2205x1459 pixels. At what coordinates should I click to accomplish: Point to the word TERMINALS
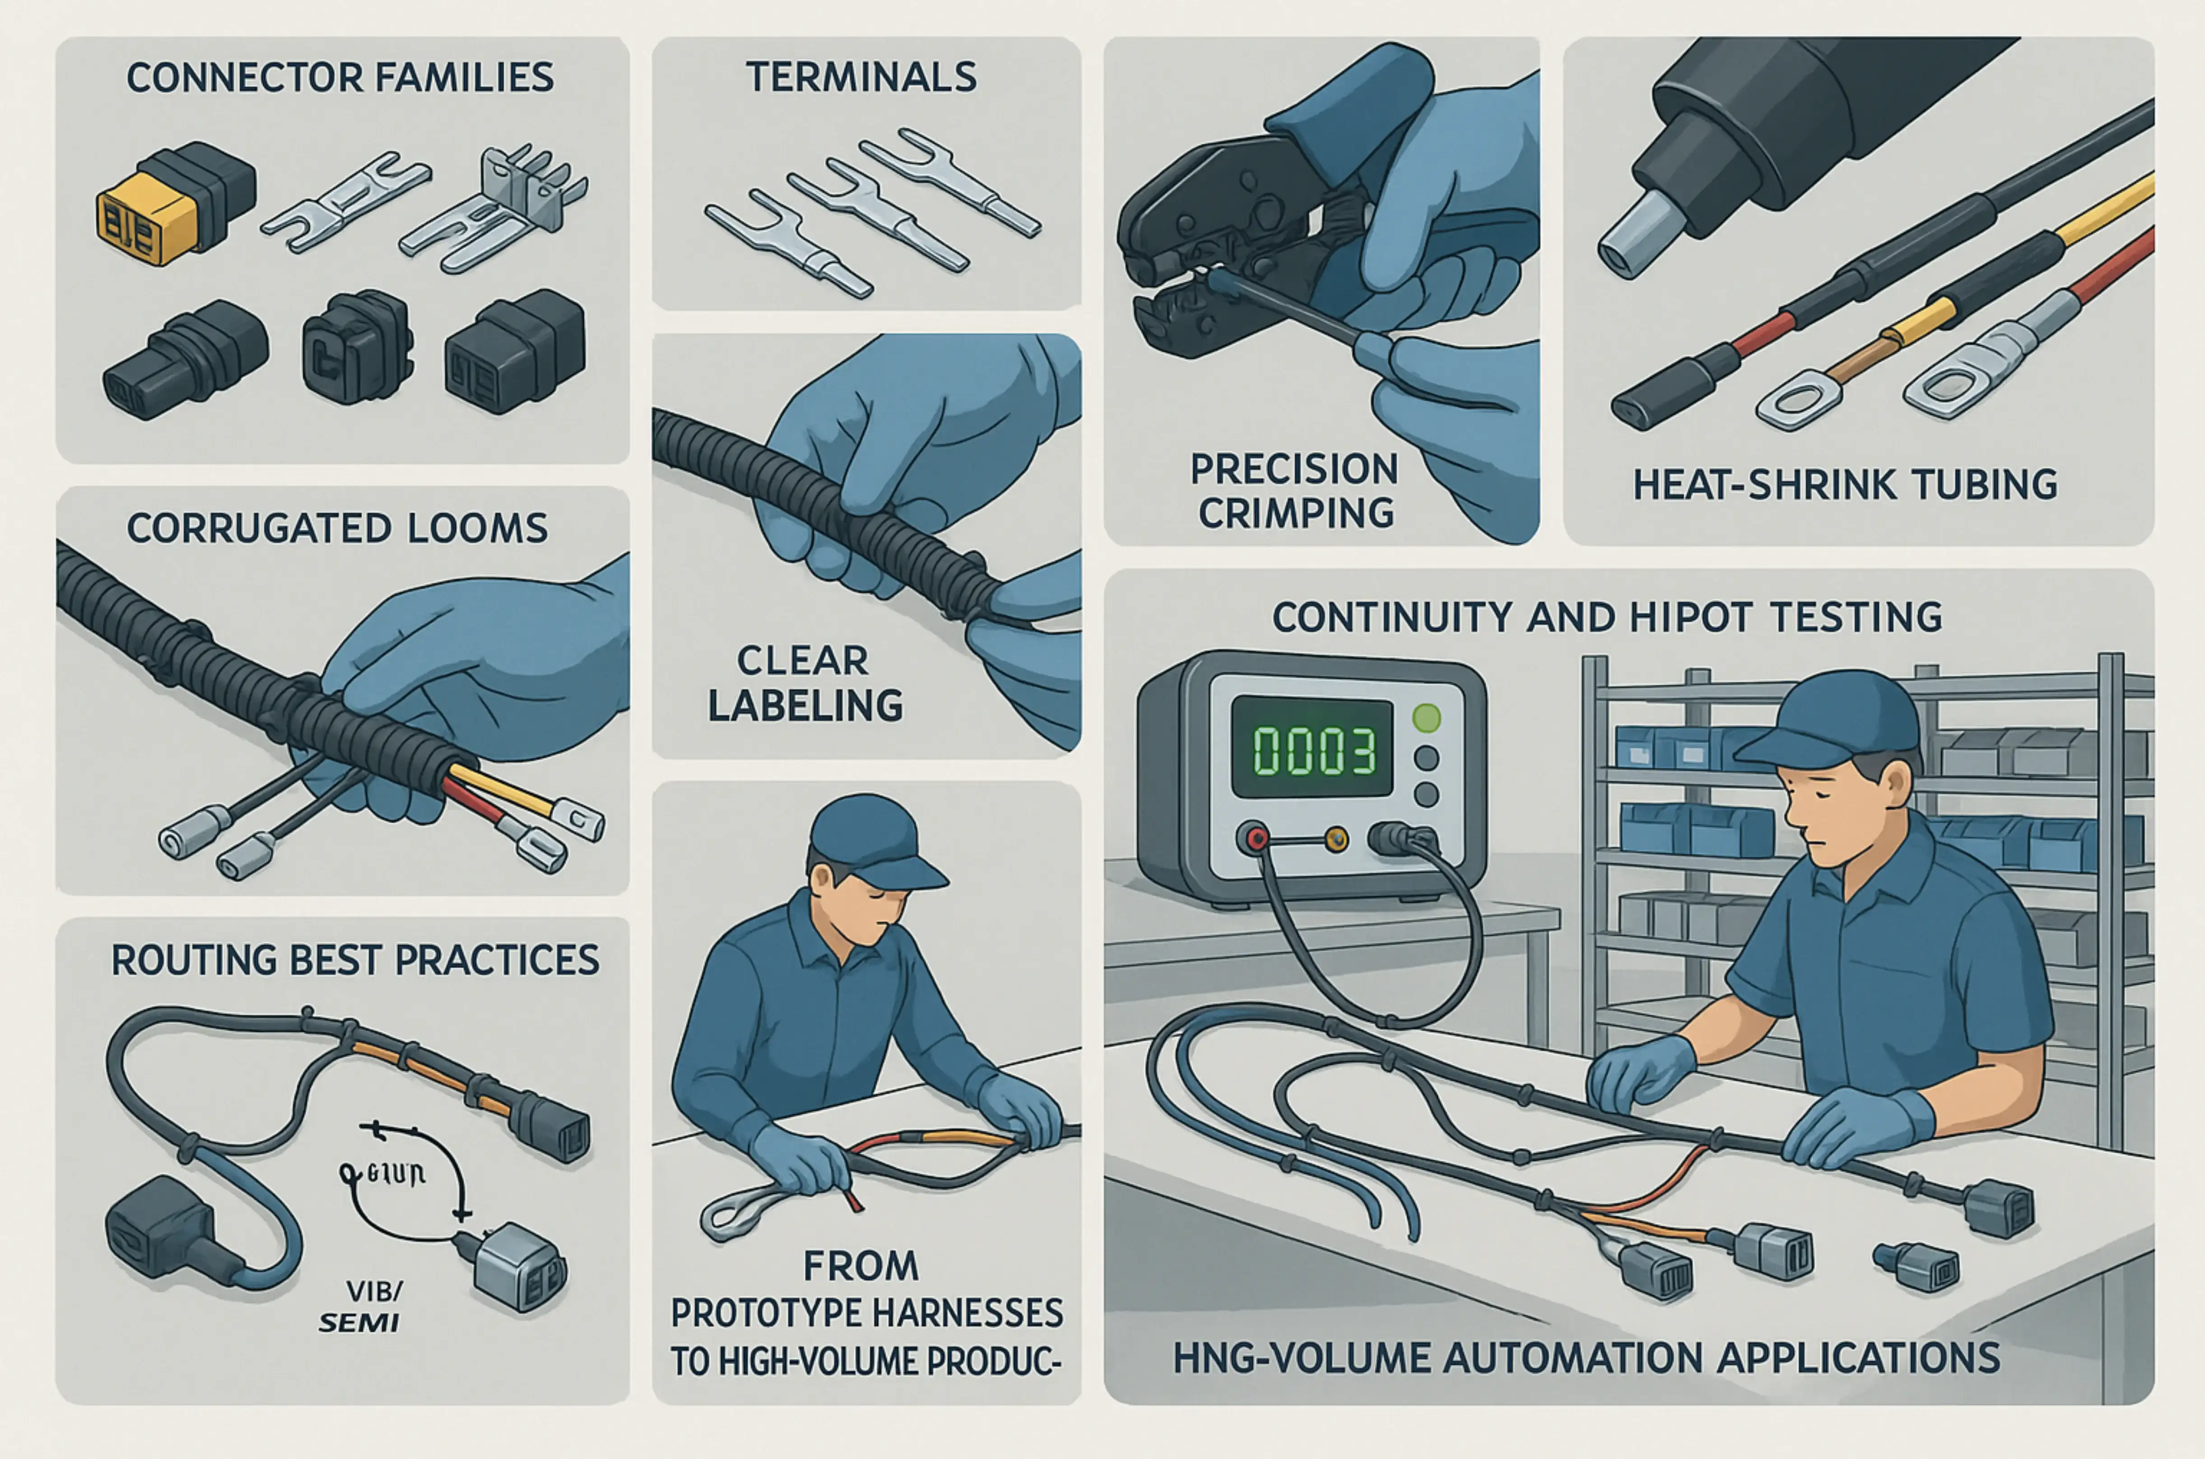pos(861,77)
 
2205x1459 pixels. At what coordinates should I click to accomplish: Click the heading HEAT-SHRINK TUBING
pos(1845,485)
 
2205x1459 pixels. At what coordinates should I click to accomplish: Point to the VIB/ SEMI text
pos(363,1306)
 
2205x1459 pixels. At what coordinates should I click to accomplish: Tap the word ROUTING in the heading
pos(194,960)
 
